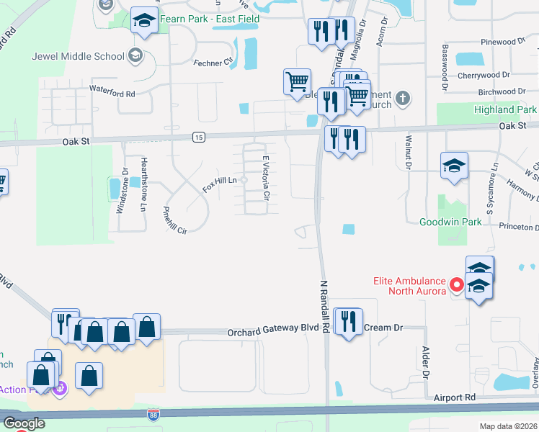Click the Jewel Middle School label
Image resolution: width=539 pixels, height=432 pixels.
tap(79, 56)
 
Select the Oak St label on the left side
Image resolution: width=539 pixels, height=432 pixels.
tap(75, 142)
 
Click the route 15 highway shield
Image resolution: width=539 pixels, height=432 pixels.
tap(199, 137)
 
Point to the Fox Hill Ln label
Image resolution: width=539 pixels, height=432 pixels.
tap(220, 185)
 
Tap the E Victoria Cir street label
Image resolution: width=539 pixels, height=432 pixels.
tap(266, 177)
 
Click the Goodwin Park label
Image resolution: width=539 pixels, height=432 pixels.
tap(451, 222)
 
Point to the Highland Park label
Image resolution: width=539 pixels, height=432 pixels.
tap(505, 110)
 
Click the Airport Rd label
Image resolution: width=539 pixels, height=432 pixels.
tap(455, 397)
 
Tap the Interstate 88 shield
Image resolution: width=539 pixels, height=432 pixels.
tap(153, 415)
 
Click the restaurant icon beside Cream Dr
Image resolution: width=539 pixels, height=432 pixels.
tap(348, 321)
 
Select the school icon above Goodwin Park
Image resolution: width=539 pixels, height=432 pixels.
tap(455, 166)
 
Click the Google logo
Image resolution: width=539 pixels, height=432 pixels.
tap(24, 423)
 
